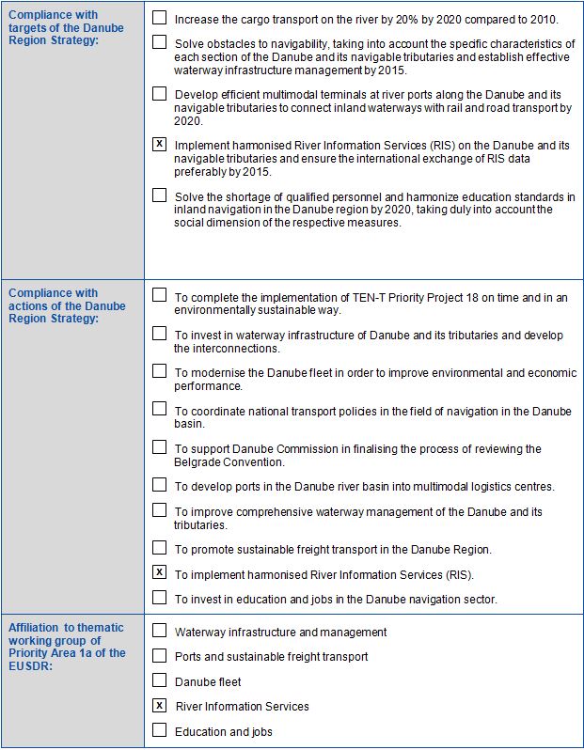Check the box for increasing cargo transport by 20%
point(159,18)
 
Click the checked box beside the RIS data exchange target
point(159,145)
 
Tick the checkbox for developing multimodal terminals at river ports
point(159,94)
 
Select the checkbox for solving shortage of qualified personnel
point(159,195)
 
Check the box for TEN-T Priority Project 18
point(159,296)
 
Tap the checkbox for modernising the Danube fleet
point(159,371)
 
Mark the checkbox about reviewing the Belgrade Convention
point(159,447)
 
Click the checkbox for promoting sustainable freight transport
point(159,548)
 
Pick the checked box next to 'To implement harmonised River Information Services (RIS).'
point(159,572)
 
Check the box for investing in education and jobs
point(159,598)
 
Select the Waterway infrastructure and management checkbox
point(159,631)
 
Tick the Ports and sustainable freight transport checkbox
point(159,655)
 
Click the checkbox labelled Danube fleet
point(159,680)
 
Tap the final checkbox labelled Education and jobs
point(159,730)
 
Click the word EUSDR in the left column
point(30,665)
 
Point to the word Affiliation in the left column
point(33,627)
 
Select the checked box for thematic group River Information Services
point(159,706)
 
